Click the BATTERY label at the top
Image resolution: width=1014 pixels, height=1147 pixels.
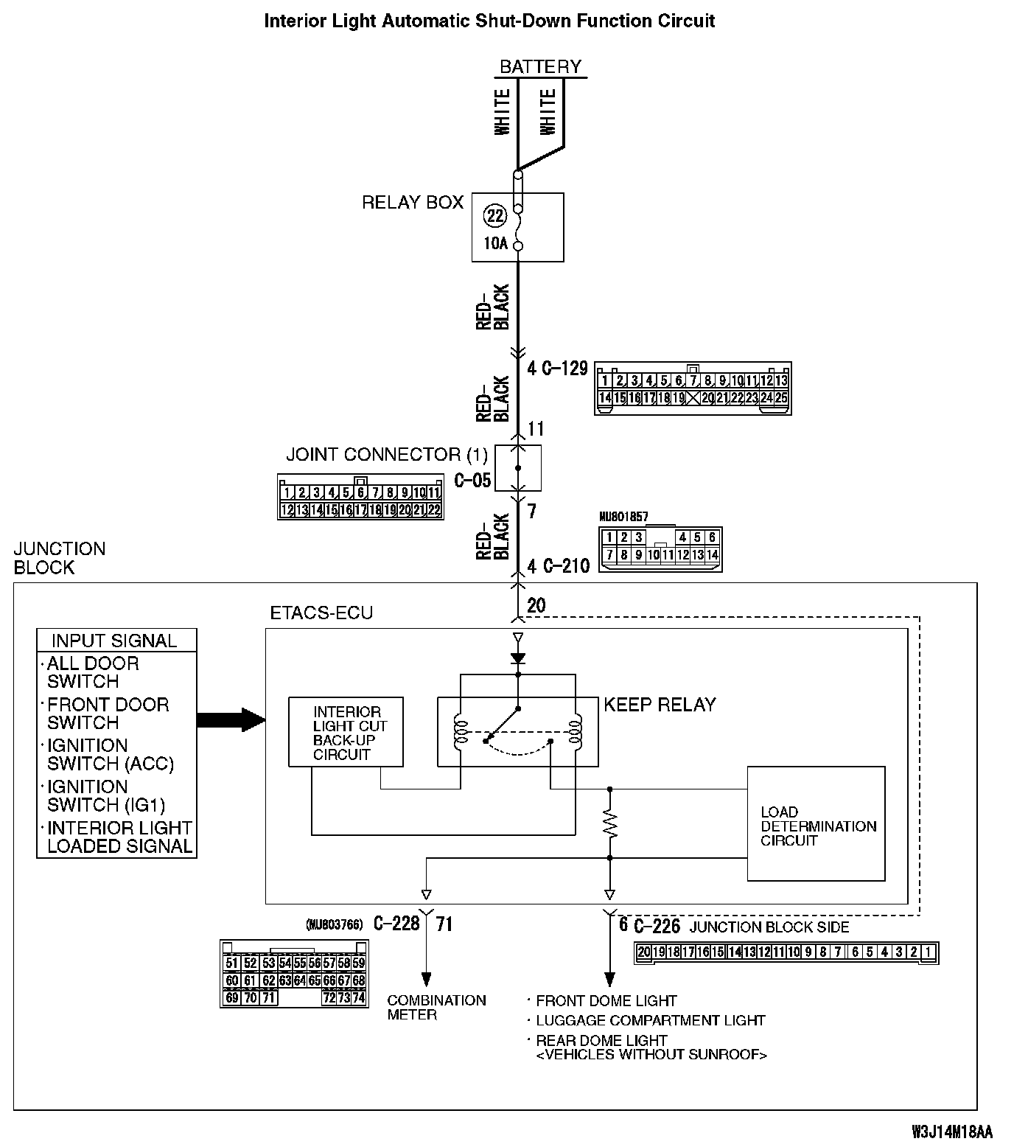[540, 66]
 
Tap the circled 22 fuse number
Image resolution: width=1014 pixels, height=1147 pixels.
[495, 215]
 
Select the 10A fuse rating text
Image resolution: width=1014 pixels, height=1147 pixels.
[496, 243]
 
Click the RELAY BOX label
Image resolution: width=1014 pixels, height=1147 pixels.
[412, 202]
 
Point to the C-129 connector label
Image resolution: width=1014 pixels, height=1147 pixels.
[564, 368]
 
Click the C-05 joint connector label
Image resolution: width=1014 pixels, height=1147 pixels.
[472, 481]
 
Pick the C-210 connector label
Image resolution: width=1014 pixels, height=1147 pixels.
[565, 566]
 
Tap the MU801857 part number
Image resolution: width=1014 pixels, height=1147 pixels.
[623, 517]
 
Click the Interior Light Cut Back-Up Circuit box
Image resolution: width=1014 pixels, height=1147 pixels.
[346, 733]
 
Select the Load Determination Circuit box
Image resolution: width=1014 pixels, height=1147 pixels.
[816, 824]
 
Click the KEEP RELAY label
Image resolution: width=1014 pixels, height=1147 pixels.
[660, 705]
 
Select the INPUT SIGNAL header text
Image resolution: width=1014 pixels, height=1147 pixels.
[114, 641]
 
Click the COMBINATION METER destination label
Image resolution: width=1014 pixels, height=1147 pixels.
[436, 1007]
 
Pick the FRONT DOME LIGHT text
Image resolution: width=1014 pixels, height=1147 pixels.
[606, 1000]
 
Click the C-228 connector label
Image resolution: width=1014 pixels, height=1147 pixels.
[396, 924]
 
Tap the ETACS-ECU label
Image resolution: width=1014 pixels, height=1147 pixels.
[321, 613]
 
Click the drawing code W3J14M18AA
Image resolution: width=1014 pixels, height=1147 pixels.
[951, 1132]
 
